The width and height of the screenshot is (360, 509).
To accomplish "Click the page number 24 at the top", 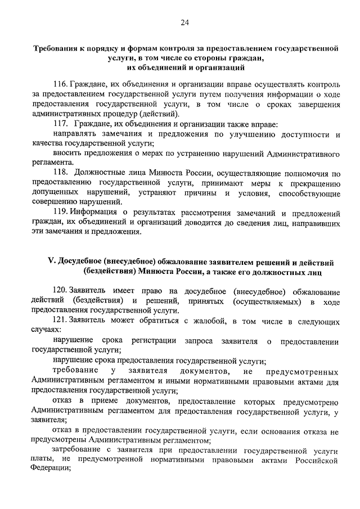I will click(184, 22).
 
